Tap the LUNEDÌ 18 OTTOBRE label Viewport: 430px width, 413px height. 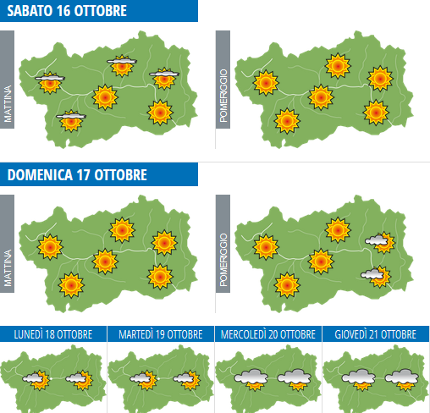click(53, 335)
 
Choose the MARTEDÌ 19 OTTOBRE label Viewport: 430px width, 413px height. click(161, 335)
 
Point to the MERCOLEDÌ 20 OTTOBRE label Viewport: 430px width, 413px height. click(268, 335)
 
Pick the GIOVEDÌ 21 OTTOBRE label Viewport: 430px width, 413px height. click(376, 335)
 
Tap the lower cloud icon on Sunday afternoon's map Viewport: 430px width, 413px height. click(372, 275)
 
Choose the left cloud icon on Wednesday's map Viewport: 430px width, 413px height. click(251, 378)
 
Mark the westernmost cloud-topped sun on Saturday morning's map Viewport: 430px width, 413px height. click(50, 81)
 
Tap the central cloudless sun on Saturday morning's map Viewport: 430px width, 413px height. click(105, 97)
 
